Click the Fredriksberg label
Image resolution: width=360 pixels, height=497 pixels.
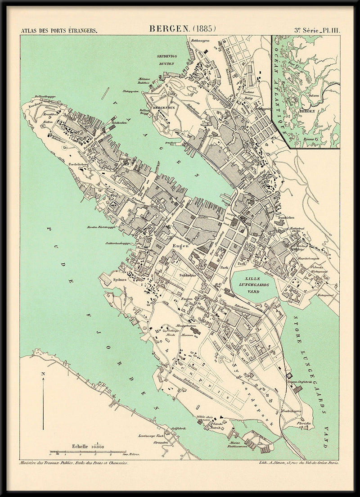click(80, 165)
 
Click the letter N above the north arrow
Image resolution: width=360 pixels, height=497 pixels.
click(43, 374)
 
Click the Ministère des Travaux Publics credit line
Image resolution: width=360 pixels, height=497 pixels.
click(72, 462)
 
